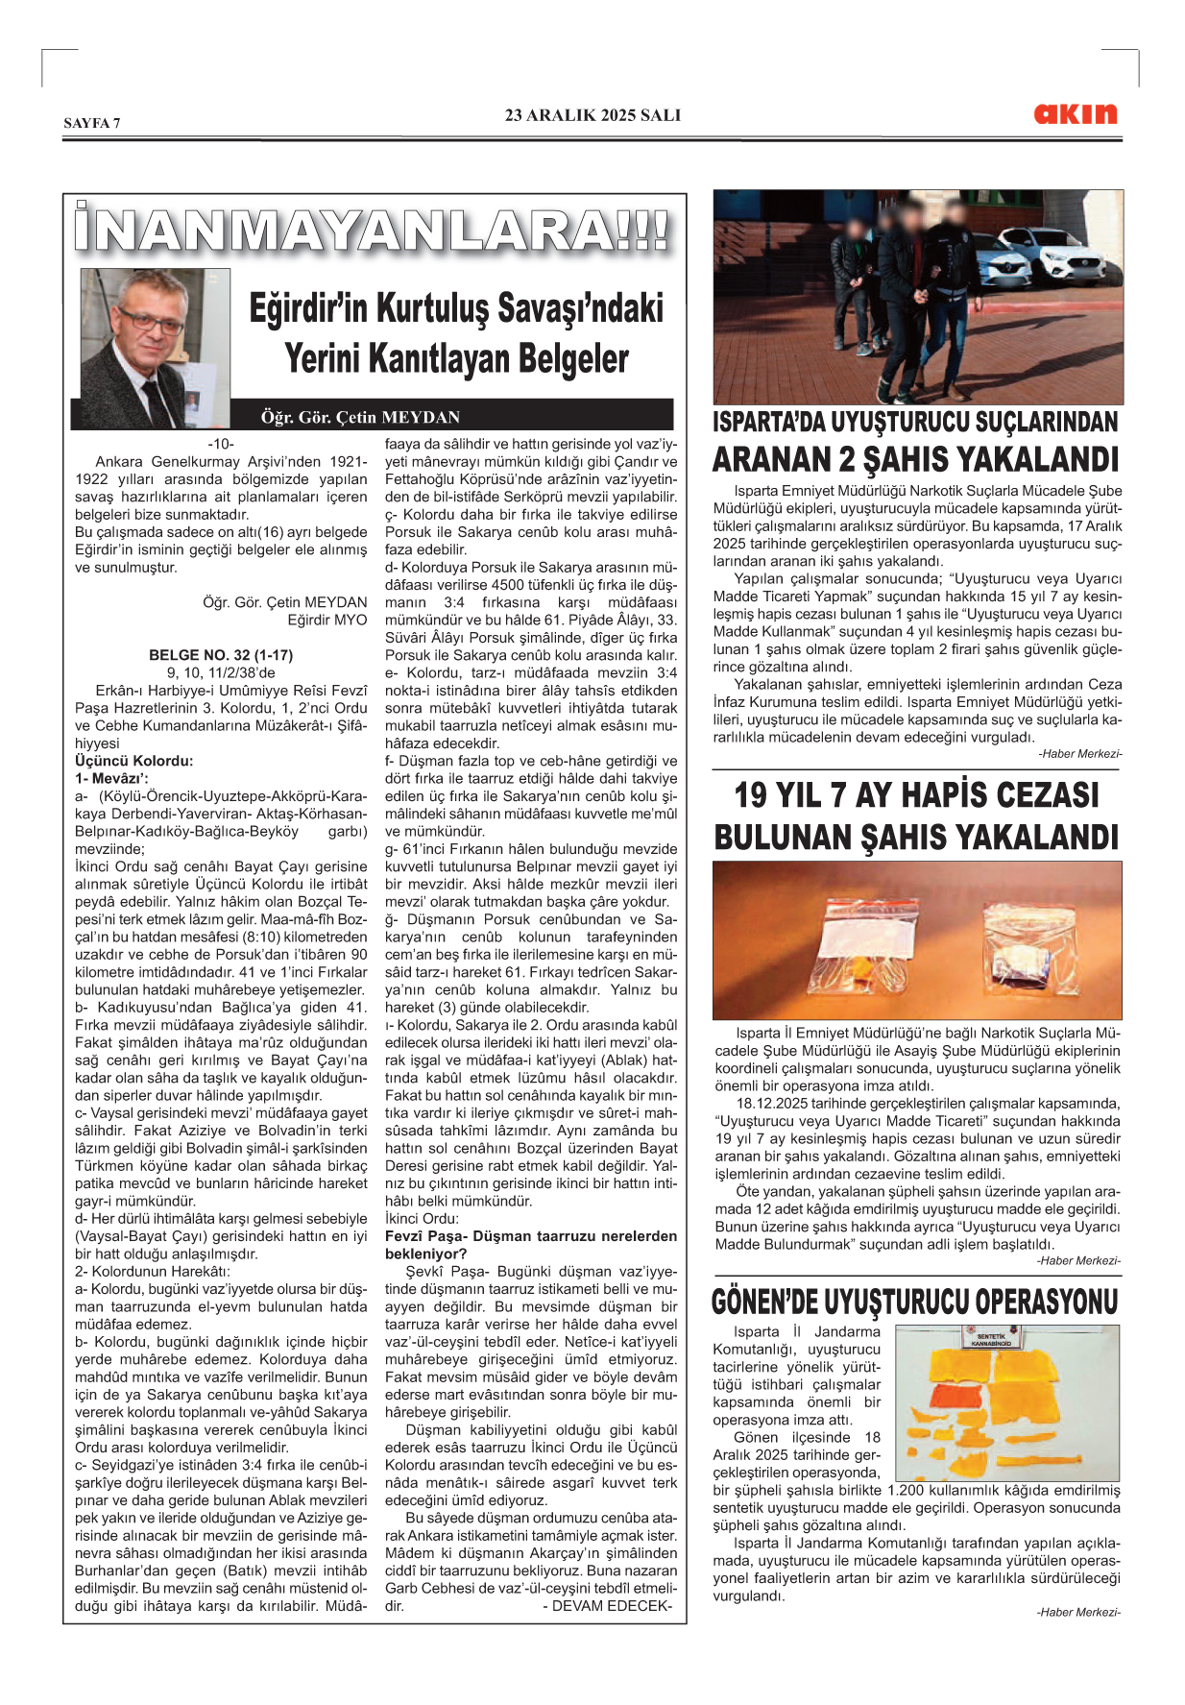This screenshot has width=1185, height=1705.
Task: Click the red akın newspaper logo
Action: coord(1076,114)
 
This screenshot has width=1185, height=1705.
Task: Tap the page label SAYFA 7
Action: coord(92,123)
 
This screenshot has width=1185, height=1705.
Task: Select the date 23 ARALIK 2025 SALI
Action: coord(592,115)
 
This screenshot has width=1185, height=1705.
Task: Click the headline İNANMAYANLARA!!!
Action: coord(373,231)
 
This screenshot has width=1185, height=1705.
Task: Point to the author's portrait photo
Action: coord(154,348)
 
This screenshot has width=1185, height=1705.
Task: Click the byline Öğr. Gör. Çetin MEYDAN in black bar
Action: coord(360,417)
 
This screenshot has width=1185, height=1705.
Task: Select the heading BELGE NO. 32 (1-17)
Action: coord(221,655)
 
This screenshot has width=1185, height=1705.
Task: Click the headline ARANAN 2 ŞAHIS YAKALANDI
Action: coord(916,460)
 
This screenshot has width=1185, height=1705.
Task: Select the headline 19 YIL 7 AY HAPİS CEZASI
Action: coord(916,795)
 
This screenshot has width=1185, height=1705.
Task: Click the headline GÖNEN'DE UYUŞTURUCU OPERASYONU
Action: coord(916,1302)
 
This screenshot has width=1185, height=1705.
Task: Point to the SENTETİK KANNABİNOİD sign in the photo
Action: coord(991,1340)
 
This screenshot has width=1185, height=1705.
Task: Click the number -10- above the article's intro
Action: coord(221,444)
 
